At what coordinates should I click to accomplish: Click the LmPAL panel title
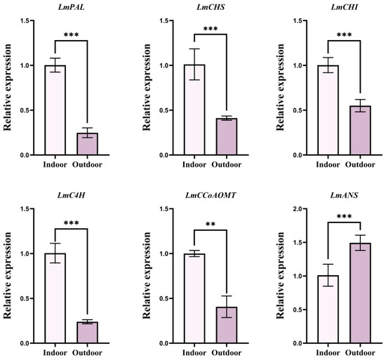click(x=71, y=7)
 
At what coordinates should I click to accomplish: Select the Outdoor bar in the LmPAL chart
click(x=88, y=144)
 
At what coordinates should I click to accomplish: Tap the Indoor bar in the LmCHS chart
click(x=194, y=109)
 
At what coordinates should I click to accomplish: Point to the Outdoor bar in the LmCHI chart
click(x=360, y=131)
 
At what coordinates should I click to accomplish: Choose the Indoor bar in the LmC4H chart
click(x=55, y=298)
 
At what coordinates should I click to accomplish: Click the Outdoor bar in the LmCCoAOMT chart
click(x=227, y=325)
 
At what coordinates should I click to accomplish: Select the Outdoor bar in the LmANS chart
click(x=360, y=293)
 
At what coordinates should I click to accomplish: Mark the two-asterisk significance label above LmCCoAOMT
click(x=211, y=225)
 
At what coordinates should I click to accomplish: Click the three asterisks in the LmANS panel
click(x=344, y=217)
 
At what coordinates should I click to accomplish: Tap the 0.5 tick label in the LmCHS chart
click(x=164, y=110)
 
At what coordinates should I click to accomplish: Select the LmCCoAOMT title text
click(x=211, y=195)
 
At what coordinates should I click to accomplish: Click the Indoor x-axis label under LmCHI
click(x=328, y=164)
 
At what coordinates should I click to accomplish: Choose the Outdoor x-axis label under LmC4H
click(x=87, y=352)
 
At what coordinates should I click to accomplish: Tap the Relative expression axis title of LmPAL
click(x=8, y=87)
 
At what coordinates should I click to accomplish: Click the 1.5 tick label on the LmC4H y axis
click(x=25, y=209)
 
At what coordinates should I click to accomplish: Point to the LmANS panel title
click(x=344, y=195)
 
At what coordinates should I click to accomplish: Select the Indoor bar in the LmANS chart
click(x=328, y=309)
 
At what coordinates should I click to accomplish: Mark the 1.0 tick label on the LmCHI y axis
click(x=298, y=65)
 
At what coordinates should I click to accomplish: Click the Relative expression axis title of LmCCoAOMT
click(x=147, y=276)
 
